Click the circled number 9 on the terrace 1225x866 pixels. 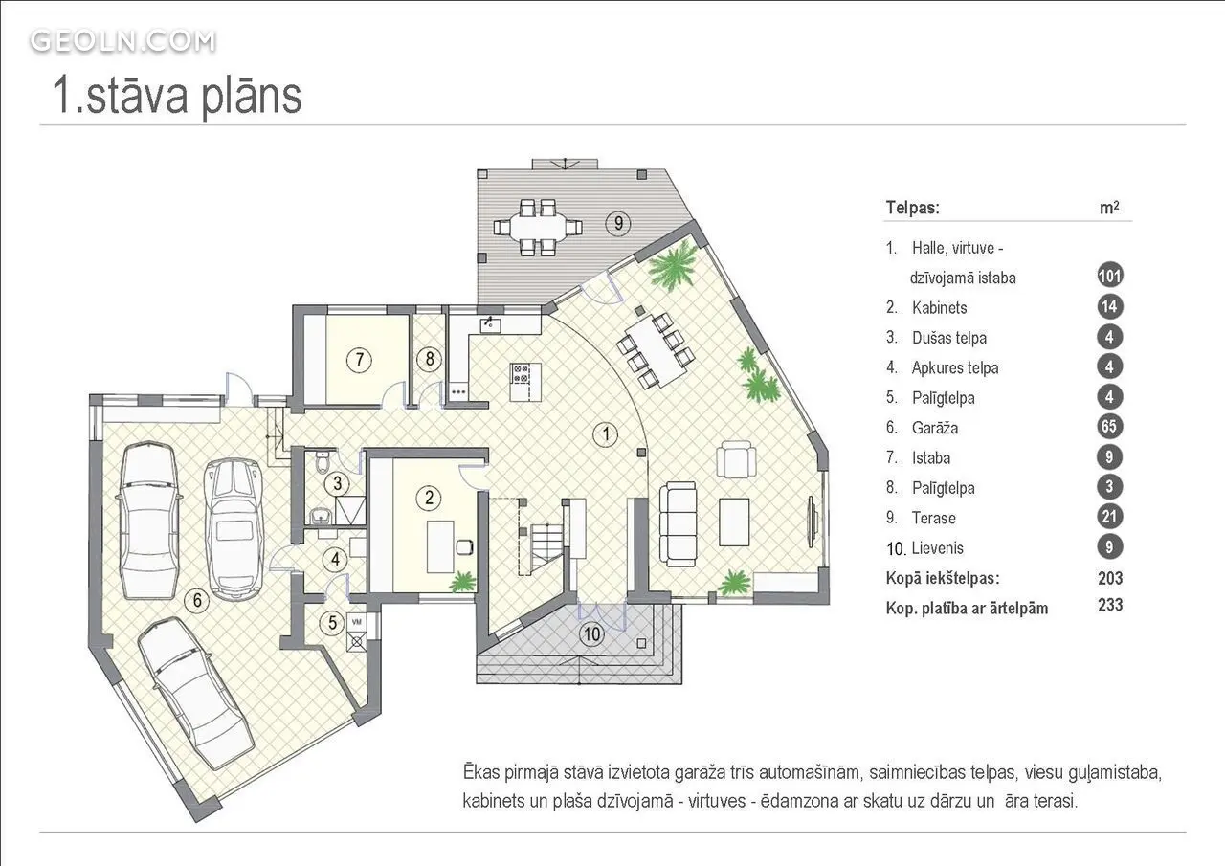click(x=618, y=223)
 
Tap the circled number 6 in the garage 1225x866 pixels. click(x=197, y=600)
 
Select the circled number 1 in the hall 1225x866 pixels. click(x=606, y=434)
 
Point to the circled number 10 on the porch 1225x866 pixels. click(x=592, y=634)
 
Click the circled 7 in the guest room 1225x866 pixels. click(x=359, y=360)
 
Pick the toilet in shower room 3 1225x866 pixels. click(x=323, y=461)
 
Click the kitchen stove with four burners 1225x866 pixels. click(x=521, y=373)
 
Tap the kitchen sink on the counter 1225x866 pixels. click(x=491, y=325)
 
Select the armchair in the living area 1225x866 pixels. click(x=737, y=459)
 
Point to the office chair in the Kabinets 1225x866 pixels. click(x=465, y=546)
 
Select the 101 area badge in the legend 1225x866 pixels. click(x=1109, y=276)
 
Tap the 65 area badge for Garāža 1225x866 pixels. click(x=1109, y=427)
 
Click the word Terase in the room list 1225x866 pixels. click(x=933, y=518)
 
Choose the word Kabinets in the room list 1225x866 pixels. click(x=939, y=308)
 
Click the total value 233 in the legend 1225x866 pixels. click(x=1110, y=605)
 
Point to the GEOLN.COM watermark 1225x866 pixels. click(x=123, y=41)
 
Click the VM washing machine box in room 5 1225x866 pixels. click(x=357, y=622)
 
